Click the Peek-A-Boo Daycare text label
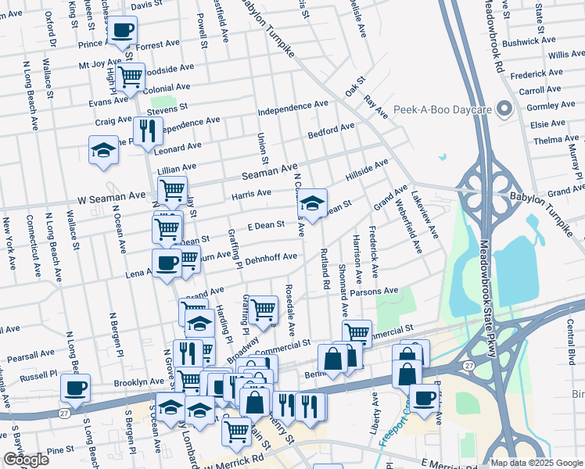(441, 109)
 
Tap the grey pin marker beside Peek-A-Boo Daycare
(504, 109)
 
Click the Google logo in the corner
(26, 460)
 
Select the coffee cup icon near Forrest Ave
(123, 31)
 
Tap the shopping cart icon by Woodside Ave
(131, 77)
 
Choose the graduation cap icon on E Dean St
(313, 205)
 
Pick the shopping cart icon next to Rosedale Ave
(264, 310)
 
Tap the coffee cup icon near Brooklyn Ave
(76, 388)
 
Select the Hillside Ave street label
(367, 171)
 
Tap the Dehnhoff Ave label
(271, 259)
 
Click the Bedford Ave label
(331, 130)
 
